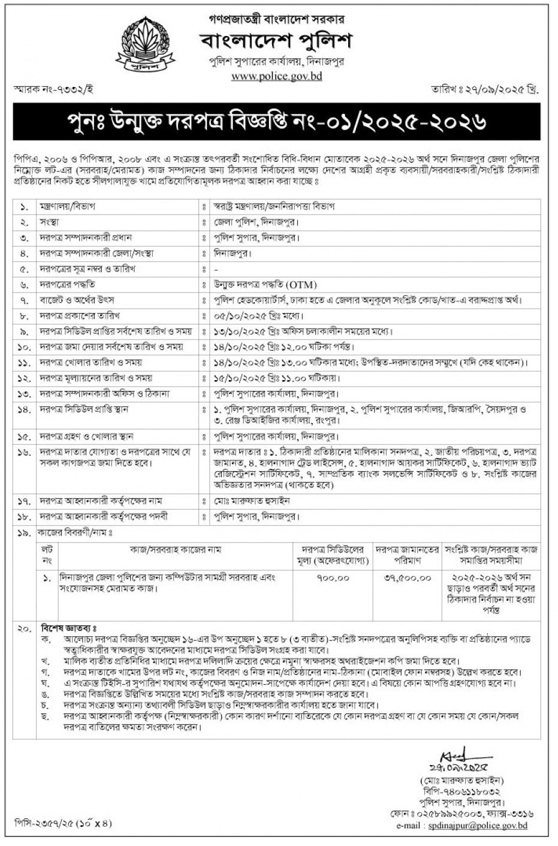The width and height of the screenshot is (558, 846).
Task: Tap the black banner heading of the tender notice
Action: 278,122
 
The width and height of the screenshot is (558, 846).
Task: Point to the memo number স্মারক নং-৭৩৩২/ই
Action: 54,89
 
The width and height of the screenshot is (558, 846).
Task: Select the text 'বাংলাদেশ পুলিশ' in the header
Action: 276,41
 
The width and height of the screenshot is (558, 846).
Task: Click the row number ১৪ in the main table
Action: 25,409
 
